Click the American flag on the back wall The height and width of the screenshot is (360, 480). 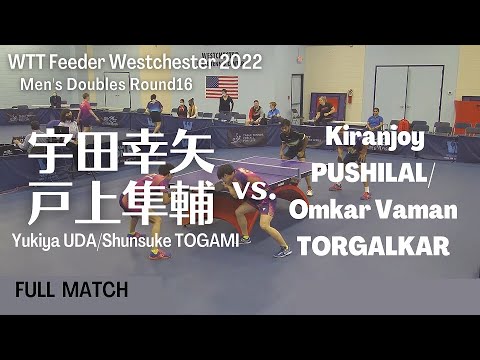(x=222, y=85)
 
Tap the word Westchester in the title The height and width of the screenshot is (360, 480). (x=174, y=62)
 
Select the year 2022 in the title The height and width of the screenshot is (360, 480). (x=239, y=62)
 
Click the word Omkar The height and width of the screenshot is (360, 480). (x=322, y=211)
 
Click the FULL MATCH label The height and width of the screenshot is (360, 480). (x=71, y=290)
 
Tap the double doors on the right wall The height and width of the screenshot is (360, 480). (x=409, y=93)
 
